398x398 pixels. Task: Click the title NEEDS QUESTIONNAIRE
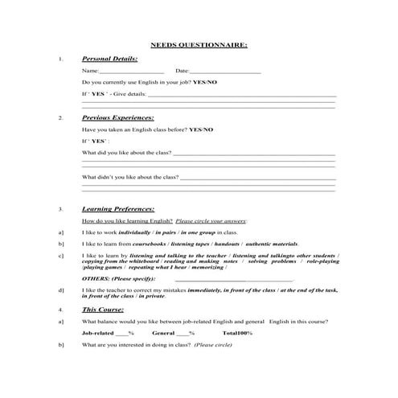[199, 45]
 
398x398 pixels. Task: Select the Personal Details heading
[109, 59]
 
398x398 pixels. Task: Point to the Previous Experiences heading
[118, 117]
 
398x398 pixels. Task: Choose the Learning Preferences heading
[119, 208]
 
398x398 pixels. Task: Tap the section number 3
[61, 209]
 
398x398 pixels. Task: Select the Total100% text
[237, 333]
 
